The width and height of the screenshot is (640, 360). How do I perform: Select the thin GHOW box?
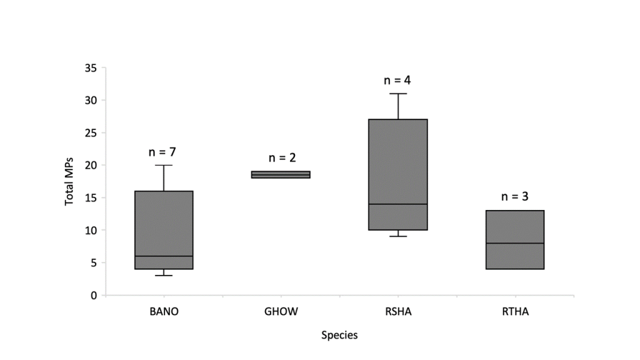(281, 174)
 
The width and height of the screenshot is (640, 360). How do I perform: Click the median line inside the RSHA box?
(398, 204)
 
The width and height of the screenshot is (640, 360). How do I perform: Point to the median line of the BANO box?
(164, 256)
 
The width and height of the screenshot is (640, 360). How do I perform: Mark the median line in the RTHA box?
(515, 242)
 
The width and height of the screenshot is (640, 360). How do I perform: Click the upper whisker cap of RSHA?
(398, 94)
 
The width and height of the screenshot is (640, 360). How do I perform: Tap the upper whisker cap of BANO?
(164, 165)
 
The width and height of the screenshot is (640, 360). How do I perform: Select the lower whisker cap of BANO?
(164, 275)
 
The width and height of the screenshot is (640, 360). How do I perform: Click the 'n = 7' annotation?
(164, 151)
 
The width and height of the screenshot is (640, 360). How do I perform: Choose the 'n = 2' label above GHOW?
(281, 157)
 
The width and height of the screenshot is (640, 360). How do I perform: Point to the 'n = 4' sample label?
(398, 80)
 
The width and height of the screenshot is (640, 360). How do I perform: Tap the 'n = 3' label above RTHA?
(515, 196)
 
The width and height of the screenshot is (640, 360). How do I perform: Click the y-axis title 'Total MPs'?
(69, 181)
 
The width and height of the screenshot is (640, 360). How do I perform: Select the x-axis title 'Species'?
(339, 336)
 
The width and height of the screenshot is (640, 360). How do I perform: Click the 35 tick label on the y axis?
(91, 68)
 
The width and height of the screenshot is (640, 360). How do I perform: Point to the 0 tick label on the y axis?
(94, 295)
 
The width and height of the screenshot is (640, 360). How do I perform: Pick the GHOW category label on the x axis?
(281, 311)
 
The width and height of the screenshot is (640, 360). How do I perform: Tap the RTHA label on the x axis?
(515, 311)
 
